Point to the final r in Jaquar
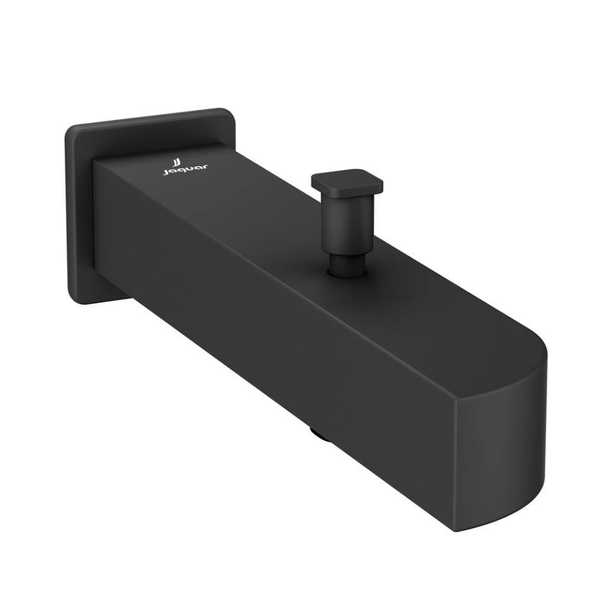point(205,165)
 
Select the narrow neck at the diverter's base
point(347,263)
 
